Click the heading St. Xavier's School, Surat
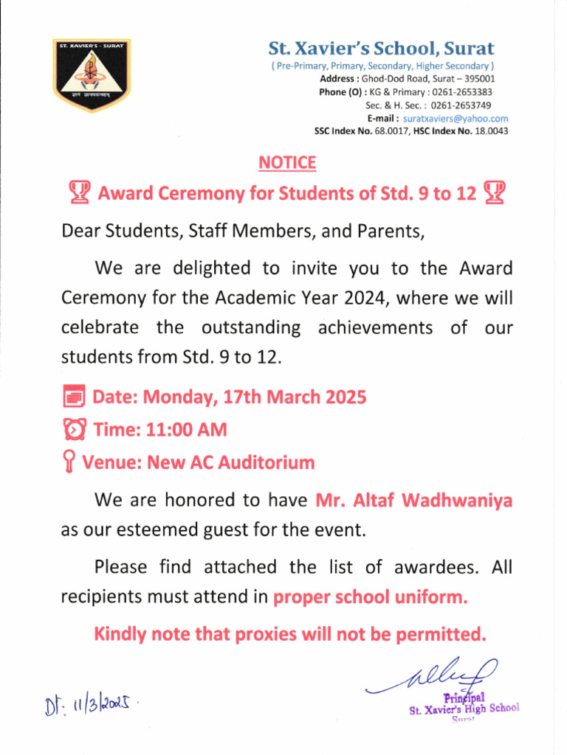[x=381, y=49]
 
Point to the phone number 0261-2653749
[x=461, y=105]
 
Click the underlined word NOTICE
[x=286, y=163]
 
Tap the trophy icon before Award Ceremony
[x=79, y=193]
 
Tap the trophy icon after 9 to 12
[x=494, y=193]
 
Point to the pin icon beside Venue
[x=69, y=463]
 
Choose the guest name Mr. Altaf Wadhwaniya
[x=413, y=501]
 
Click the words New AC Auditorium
[x=231, y=463]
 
